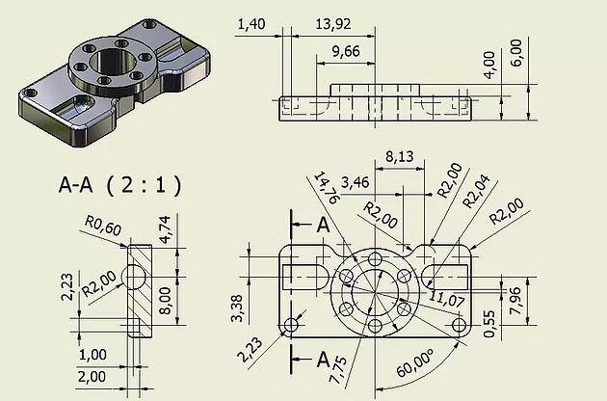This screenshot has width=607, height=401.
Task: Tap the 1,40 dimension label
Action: point(252,21)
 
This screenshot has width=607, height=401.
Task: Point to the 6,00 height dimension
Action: point(516,50)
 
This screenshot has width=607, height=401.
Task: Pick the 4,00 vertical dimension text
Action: point(488,64)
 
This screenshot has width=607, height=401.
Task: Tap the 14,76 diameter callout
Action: point(325,190)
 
